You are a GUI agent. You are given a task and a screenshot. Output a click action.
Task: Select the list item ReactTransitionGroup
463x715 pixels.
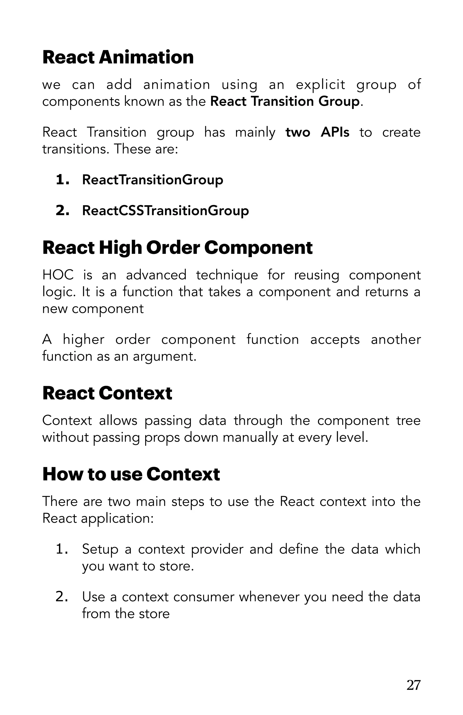point(152,180)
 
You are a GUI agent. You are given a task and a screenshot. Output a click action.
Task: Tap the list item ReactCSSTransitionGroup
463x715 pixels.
point(165,210)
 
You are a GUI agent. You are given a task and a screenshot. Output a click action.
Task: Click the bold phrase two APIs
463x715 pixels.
point(317,132)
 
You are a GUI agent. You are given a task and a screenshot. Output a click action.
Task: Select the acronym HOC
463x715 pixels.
point(58,275)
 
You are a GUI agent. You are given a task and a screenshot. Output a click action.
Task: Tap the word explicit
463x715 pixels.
point(320,85)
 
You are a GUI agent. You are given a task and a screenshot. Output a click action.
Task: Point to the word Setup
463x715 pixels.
point(100,549)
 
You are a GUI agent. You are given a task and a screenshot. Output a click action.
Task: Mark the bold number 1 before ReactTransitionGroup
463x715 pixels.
point(61,180)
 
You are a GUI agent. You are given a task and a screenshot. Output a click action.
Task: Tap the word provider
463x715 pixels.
point(217,549)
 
